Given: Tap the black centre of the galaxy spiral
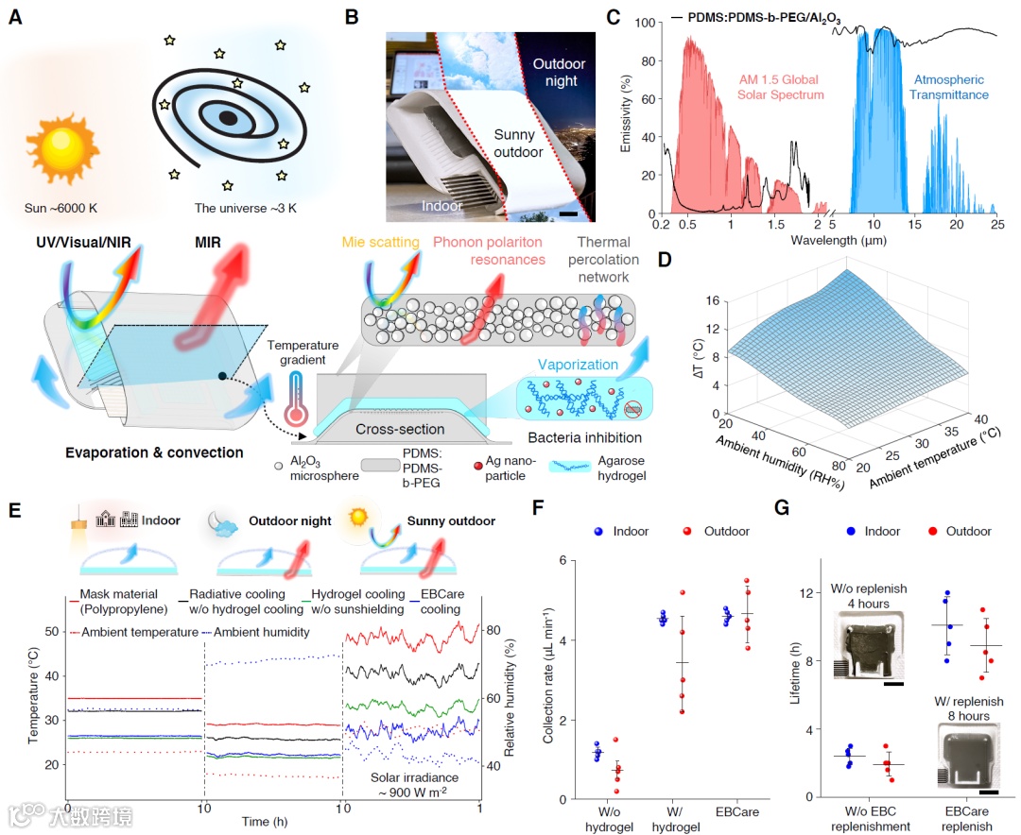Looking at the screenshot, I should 228,118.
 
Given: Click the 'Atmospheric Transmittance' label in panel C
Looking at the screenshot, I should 948,87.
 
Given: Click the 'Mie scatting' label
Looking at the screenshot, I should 391,243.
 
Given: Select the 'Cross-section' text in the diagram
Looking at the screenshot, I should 398,429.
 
